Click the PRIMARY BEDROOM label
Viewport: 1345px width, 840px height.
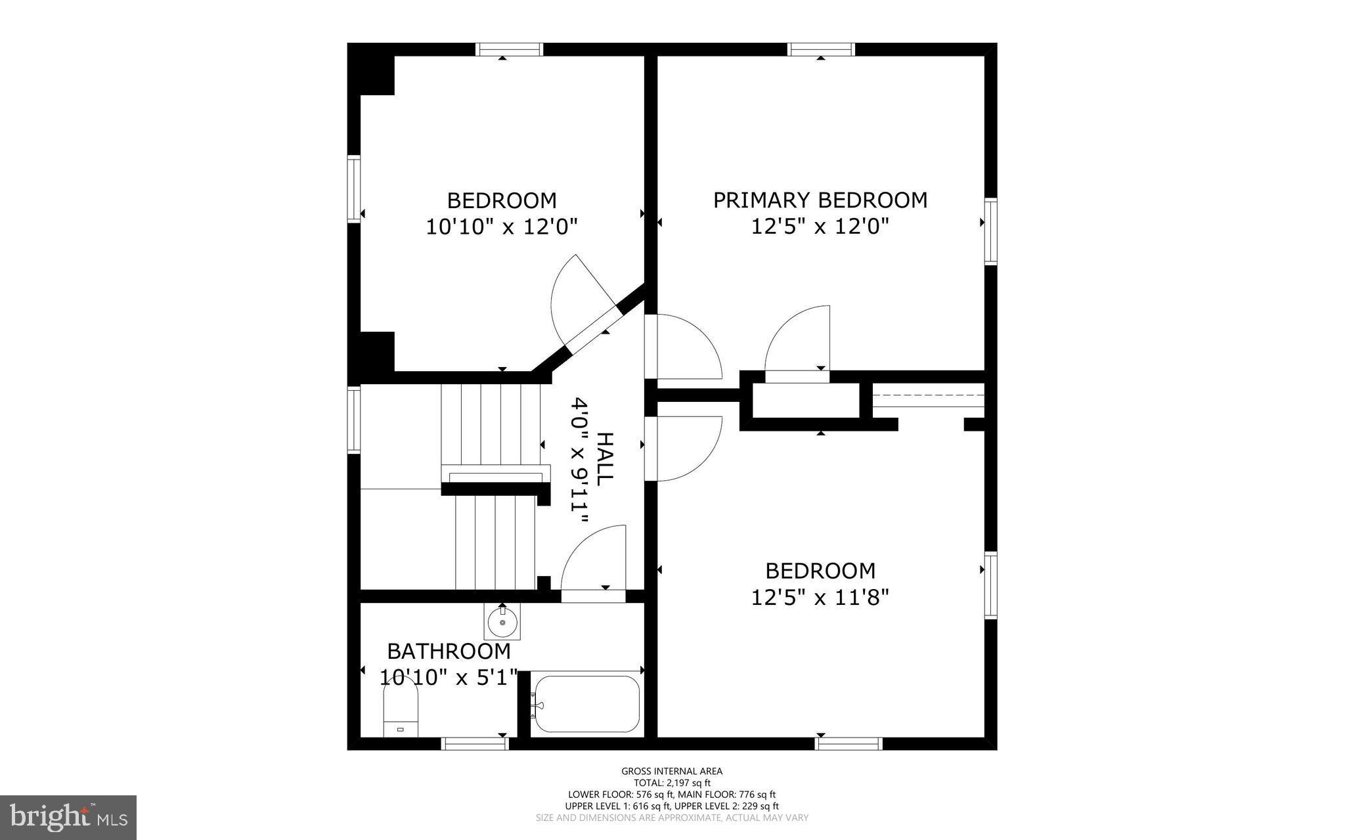click(x=820, y=200)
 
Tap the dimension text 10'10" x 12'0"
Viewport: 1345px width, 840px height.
click(x=502, y=227)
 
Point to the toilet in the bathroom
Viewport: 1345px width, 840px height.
click(x=401, y=709)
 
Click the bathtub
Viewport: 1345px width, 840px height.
click(x=586, y=704)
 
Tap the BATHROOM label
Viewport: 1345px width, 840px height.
click(x=449, y=651)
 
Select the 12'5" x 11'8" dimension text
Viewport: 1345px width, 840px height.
click(x=820, y=598)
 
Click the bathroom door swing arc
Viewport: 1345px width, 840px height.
click(x=591, y=558)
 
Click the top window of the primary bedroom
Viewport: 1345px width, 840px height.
click(x=821, y=49)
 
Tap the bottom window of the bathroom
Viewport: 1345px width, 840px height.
click(x=475, y=743)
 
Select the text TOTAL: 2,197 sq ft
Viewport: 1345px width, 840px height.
click(x=672, y=783)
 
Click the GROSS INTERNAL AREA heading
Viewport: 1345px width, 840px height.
click(x=672, y=771)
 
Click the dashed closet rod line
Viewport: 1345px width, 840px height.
click(x=929, y=395)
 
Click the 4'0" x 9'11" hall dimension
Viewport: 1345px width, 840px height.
click(x=579, y=460)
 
